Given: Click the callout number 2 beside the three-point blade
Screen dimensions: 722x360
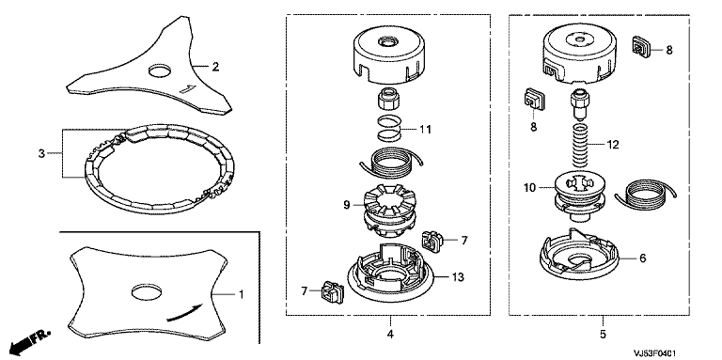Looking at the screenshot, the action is pyautogui.click(x=215, y=68).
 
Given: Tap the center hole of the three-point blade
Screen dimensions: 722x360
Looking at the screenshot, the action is pyautogui.click(x=160, y=70).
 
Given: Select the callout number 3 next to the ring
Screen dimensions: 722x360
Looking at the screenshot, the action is pyautogui.click(x=41, y=153).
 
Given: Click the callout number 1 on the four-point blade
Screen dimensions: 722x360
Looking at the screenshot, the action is pyautogui.click(x=241, y=293).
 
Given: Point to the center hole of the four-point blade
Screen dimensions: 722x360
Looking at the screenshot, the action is pyautogui.click(x=147, y=291).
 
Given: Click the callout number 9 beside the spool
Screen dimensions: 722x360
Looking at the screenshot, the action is pyautogui.click(x=347, y=205).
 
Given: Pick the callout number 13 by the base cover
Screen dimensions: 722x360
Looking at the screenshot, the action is pyautogui.click(x=458, y=277).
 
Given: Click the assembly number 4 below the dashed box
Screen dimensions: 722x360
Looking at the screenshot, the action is pyautogui.click(x=390, y=335).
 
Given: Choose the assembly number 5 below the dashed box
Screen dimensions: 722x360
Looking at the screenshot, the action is pyautogui.click(x=604, y=334).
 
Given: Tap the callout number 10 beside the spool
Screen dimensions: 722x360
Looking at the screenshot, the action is pyautogui.click(x=530, y=188).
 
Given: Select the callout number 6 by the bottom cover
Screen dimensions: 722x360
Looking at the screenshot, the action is pyautogui.click(x=643, y=258).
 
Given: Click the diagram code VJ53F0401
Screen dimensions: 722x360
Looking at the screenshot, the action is pyautogui.click(x=655, y=353).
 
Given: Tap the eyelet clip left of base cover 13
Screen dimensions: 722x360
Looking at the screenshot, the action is pyautogui.click(x=332, y=292).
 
